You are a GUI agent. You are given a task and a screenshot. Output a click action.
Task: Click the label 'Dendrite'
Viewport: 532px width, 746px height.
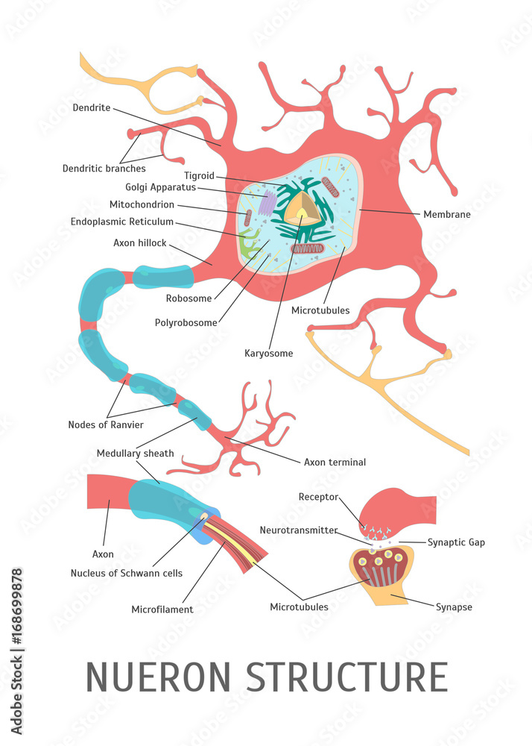(x=92, y=107)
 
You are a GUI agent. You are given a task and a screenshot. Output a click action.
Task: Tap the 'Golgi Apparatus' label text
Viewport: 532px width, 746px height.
(x=161, y=187)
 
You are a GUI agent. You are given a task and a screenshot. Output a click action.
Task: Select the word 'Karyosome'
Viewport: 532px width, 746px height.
(x=268, y=353)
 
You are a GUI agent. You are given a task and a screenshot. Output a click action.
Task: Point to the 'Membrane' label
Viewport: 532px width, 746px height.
(x=446, y=214)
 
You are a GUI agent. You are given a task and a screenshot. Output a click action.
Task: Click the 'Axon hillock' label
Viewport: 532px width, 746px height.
(x=139, y=243)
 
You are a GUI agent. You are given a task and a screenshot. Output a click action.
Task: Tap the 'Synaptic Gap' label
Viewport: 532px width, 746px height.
(x=456, y=542)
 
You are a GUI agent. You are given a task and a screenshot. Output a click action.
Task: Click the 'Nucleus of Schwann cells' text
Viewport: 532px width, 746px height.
(x=126, y=573)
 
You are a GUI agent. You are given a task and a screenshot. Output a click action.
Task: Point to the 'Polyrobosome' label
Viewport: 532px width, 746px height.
(x=186, y=323)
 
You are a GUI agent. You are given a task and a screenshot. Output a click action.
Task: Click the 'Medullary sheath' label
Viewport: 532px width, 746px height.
(x=135, y=454)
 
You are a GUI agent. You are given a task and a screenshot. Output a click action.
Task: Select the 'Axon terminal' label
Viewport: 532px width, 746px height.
(x=335, y=462)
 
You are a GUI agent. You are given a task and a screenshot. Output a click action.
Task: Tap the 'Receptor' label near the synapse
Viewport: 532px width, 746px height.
(x=318, y=497)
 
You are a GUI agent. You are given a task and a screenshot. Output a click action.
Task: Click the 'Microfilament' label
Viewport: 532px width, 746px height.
(x=162, y=609)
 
